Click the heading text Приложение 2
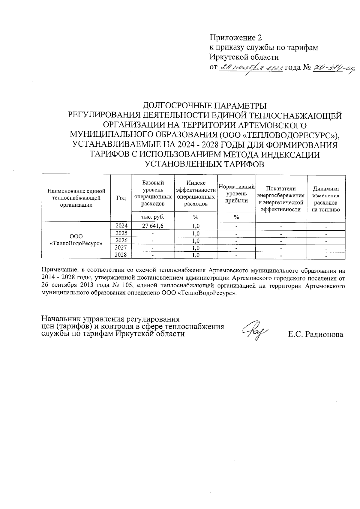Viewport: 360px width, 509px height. [x=235, y=38]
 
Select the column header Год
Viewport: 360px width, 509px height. [x=121, y=198]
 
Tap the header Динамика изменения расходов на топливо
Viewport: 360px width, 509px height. [x=326, y=199]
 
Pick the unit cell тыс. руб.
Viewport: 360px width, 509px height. [x=153, y=217]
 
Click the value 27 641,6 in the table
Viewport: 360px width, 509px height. [x=153, y=226]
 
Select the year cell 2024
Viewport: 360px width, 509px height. [x=121, y=226]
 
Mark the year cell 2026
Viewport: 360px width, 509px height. [x=121, y=240]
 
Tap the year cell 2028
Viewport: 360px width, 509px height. [x=121, y=255]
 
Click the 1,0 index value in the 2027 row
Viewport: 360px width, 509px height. [x=196, y=248]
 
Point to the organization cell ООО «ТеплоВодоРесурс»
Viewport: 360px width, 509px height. [x=76, y=240]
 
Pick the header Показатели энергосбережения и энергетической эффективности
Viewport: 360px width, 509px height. [x=281, y=199]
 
